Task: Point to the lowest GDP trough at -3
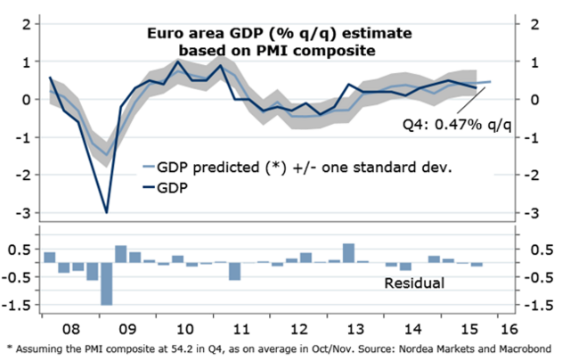point(107,212)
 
